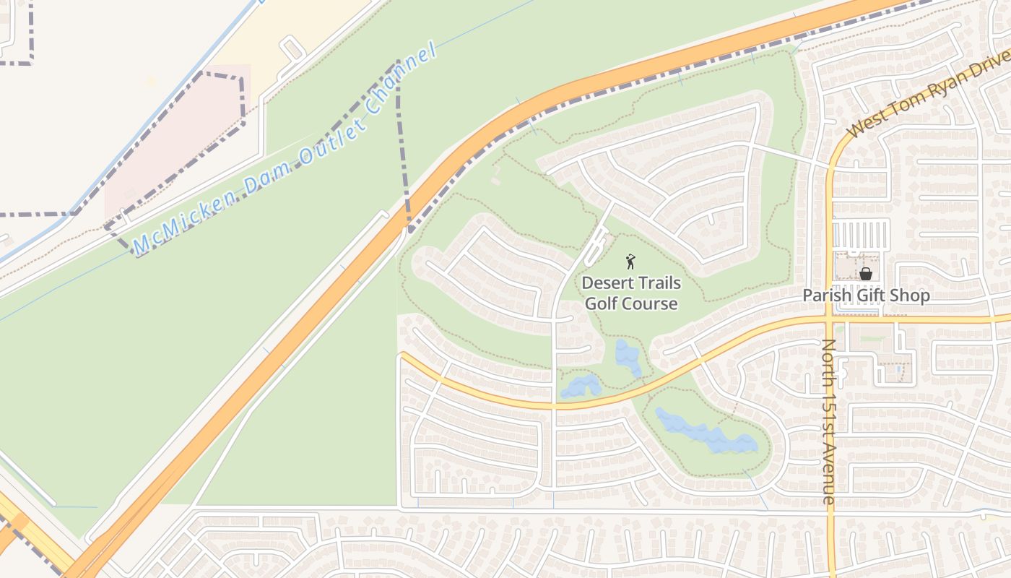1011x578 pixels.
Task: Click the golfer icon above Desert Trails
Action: click(x=630, y=261)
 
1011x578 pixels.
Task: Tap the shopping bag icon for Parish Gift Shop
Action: click(x=865, y=274)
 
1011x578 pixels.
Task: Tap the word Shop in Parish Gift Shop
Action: click(x=912, y=296)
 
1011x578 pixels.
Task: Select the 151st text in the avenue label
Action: click(x=828, y=415)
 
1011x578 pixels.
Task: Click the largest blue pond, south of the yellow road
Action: click(x=704, y=432)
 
